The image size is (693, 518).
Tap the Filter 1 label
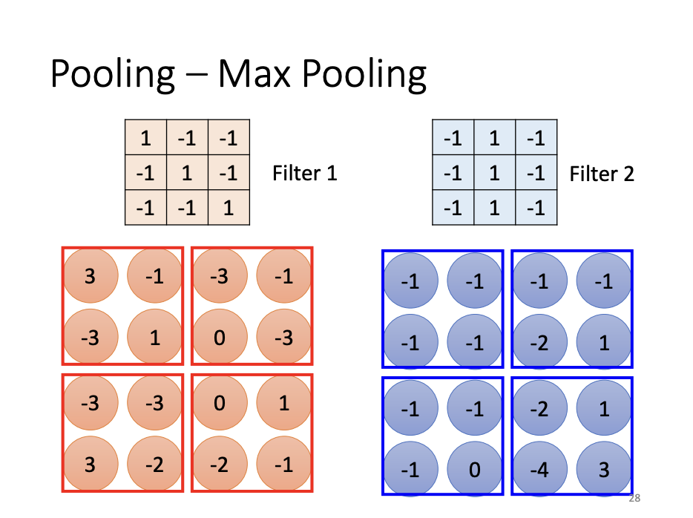[305, 174]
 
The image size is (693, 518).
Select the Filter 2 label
[602, 174]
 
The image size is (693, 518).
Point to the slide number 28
[634, 498]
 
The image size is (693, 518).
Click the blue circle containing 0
[475, 469]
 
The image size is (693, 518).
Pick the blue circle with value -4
[539, 469]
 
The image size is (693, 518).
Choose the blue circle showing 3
[604, 469]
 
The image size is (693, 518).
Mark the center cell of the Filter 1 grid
[187, 173]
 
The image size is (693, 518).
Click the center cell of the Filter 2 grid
[494, 173]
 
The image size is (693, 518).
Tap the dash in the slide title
[197, 76]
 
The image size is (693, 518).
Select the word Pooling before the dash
[113, 76]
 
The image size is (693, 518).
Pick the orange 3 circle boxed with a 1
[90, 277]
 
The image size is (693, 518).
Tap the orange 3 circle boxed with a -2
[90, 465]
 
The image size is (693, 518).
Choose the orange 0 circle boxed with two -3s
[219, 338]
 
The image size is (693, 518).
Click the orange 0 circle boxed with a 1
[219, 404]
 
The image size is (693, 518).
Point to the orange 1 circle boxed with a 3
[154, 338]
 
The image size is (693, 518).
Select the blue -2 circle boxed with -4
[539, 407]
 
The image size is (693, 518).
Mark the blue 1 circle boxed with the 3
[604, 407]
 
